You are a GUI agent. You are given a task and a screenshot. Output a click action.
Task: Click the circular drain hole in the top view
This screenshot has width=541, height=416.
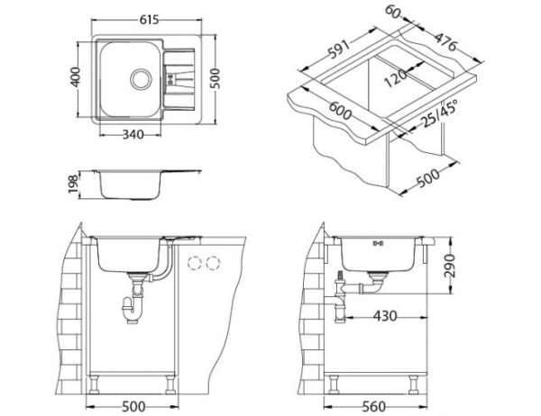pyautogui.click(x=141, y=78)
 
